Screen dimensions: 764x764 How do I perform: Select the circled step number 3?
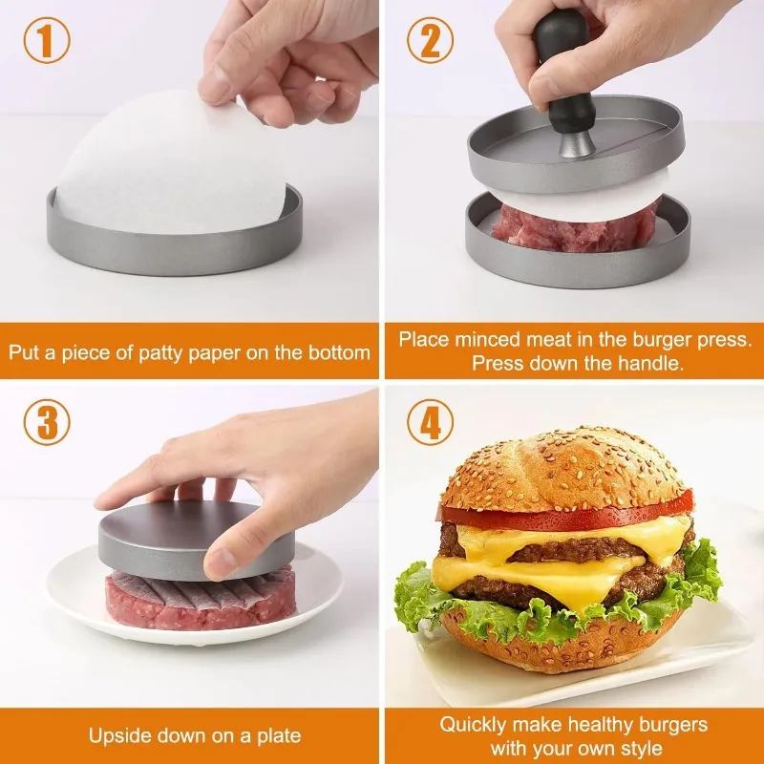(47, 423)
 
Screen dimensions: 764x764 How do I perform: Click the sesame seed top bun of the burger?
(563, 468)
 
